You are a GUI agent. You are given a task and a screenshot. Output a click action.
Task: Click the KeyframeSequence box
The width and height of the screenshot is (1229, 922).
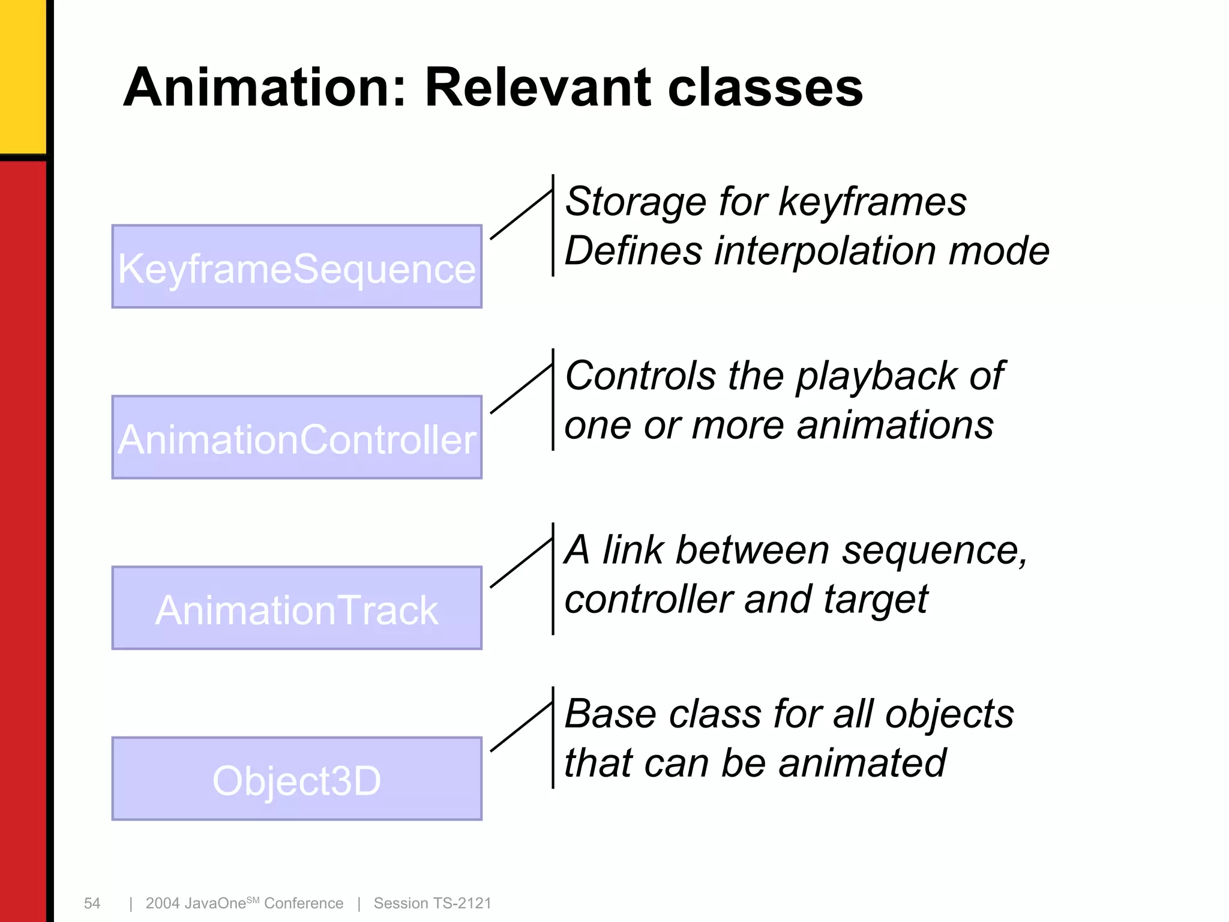coord(296,267)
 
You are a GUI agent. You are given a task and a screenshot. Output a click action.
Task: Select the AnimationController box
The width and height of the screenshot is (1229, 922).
coord(296,438)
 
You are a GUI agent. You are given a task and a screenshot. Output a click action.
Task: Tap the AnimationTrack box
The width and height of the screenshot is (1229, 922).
coord(296,608)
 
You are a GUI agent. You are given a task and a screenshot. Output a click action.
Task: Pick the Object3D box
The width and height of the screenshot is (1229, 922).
coord(296,779)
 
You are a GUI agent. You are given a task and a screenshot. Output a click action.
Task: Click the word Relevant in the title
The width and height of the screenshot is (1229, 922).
coord(537,88)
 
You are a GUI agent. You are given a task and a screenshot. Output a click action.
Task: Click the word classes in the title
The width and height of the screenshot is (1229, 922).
coord(765,88)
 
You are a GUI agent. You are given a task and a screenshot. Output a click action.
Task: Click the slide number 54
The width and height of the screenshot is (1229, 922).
coord(92,903)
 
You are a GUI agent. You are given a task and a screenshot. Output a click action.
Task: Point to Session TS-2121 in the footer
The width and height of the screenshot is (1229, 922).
coord(432,903)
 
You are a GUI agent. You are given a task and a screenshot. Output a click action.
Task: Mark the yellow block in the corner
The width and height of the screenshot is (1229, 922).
coord(22,75)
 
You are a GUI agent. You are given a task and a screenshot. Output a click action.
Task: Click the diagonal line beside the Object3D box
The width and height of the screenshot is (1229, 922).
coord(521,727)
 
